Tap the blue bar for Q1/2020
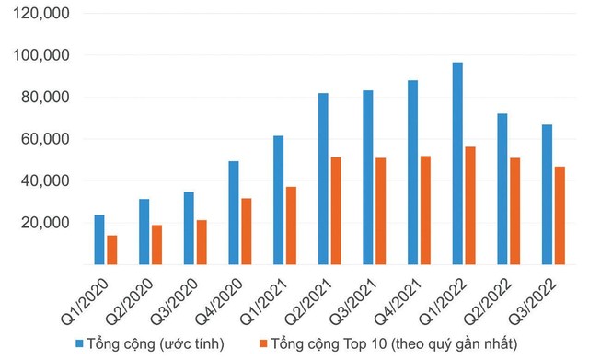pyautogui.click(x=99, y=239)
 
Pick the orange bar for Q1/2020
pyautogui.click(x=112, y=250)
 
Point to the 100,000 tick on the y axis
pyautogui.click(x=45, y=55)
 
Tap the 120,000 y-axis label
pyautogui.click(x=45, y=14)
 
